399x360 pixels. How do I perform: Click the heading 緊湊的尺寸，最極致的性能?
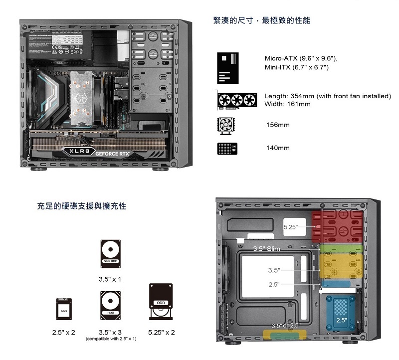point(261,20)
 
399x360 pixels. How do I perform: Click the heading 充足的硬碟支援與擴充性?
point(82,205)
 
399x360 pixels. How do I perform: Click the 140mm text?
point(278,148)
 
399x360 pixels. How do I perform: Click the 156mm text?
point(278,125)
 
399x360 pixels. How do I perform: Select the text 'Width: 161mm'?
point(287,104)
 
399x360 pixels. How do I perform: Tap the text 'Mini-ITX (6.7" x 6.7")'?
point(296,67)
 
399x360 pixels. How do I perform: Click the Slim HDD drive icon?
point(111,253)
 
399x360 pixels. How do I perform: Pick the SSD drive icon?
point(63,309)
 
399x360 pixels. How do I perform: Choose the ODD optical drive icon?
point(161,302)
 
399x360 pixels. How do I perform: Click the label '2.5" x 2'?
point(64,332)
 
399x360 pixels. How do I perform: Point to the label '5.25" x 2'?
point(162,332)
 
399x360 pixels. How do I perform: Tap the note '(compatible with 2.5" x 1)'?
point(111,339)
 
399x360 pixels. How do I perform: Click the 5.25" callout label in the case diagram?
point(291,227)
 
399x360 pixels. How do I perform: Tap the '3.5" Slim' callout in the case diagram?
point(266,248)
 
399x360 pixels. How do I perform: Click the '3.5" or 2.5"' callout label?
point(286,326)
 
